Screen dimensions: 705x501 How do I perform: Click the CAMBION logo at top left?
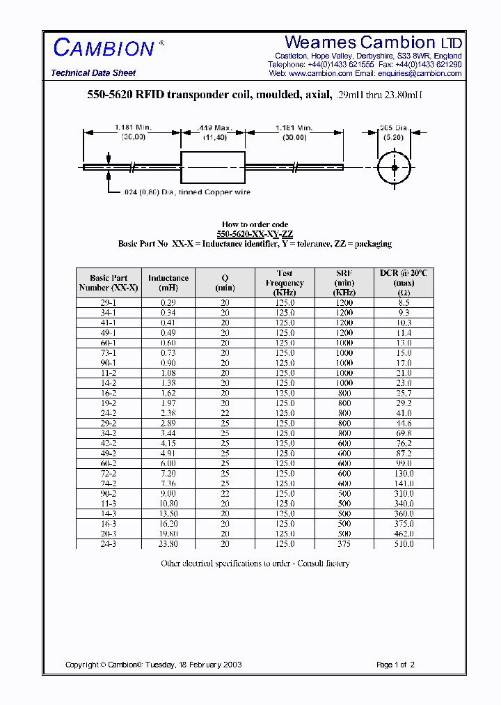pos(104,48)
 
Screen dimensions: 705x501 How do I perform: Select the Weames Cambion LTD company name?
pos(373,42)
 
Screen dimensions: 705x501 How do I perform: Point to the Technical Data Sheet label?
pos(93,73)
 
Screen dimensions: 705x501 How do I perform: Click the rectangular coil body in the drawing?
pos(212,167)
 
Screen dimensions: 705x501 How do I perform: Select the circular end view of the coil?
pos(395,168)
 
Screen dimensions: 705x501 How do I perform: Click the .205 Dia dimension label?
pos(393,128)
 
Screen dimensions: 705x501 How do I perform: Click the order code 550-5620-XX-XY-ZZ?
pos(255,234)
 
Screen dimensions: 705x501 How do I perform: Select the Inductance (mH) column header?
pos(168,282)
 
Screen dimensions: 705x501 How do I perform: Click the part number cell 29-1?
pos(109,303)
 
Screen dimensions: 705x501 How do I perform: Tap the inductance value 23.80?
pos(168,544)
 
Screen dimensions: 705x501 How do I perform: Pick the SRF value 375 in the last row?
pos(344,544)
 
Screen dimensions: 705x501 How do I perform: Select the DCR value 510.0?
pos(404,544)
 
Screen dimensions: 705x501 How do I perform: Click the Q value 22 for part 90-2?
pos(225,494)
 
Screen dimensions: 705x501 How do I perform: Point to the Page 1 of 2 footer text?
pos(395,665)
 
